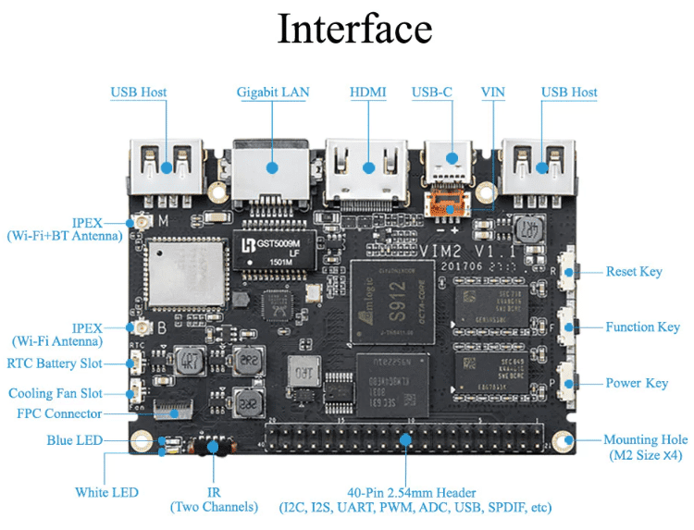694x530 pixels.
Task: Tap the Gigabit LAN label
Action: tap(273, 92)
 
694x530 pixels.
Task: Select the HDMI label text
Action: tap(367, 92)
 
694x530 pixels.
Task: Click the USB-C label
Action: tap(432, 92)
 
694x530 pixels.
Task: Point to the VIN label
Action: tap(493, 92)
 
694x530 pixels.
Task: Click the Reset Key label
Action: tap(634, 272)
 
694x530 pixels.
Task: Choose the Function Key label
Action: tap(642, 327)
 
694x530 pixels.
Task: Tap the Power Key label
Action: tap(637, 383)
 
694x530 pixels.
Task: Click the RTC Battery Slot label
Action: tap(55, 364)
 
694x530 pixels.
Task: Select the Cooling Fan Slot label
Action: tap(56, 393)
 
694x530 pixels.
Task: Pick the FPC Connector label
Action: tap(60, 413)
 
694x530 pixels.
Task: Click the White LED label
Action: tap(106, 492)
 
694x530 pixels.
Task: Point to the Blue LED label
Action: tap(75, 440)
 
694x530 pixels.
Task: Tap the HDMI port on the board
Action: tap(367, 168)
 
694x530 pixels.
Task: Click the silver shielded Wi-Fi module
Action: tap(184, 273)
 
